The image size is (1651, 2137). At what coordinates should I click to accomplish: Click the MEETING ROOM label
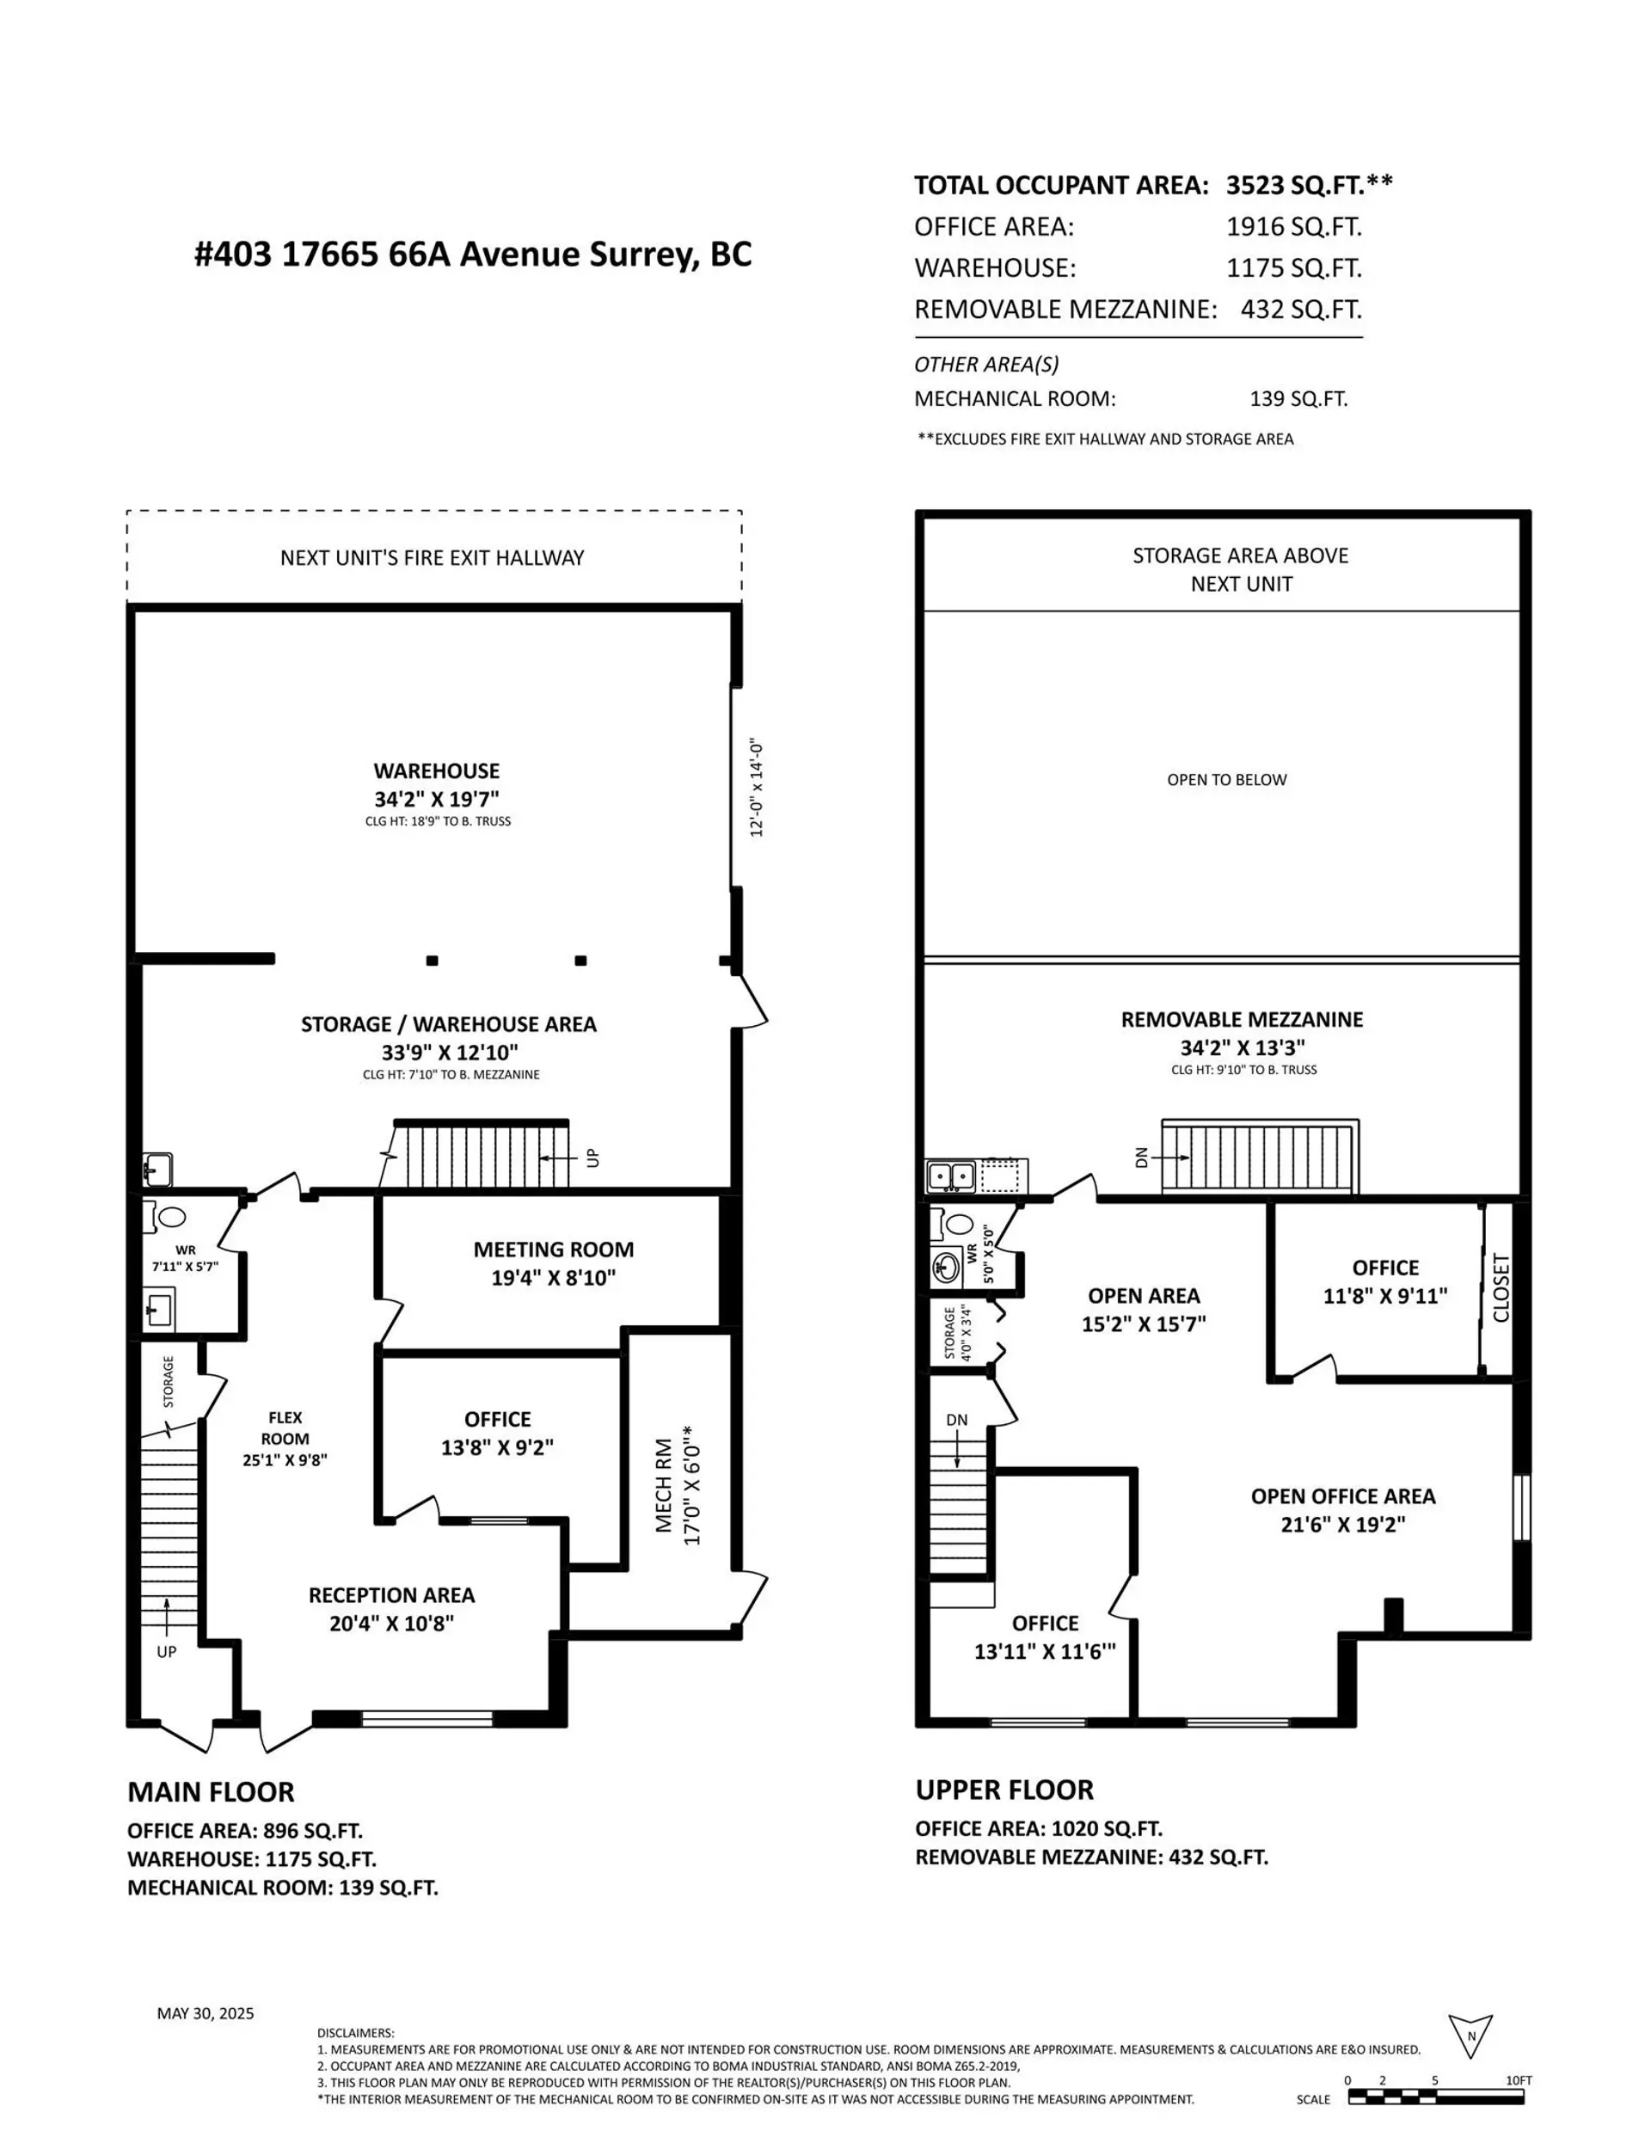[x=553, y=1250]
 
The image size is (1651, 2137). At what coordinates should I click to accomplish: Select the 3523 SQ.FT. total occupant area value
[x=1309, y=185]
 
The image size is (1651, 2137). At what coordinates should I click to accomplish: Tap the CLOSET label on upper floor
[x=1501, y=1287]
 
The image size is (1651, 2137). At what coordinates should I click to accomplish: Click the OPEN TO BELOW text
[x=1226, y=780]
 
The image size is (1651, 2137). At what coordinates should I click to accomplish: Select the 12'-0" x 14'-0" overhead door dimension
[x=757, y=788]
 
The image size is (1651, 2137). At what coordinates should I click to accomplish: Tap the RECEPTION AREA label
[x=391, y=1595]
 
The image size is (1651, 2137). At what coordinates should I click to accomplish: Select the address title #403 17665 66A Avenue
[x=473, y=255]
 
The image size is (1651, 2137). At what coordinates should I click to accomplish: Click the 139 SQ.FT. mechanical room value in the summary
[x=1298, y=399]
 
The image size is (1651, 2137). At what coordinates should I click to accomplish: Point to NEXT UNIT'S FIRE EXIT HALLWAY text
[x=432, y=558]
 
